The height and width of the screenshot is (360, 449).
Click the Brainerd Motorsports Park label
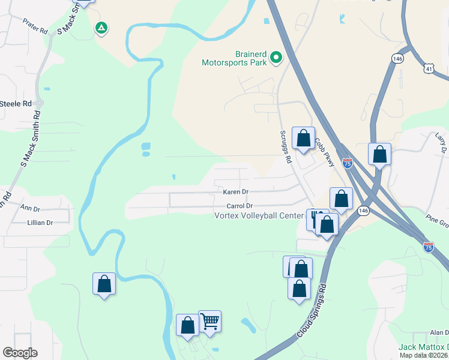coord(234,58)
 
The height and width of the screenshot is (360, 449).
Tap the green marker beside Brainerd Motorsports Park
coord(277,58)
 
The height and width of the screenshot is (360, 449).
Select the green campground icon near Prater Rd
coord(101,27)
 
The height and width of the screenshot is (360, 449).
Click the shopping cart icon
coord(210,322)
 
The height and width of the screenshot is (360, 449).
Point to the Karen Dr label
coord(235,192)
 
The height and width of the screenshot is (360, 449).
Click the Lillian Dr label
coord(40,223)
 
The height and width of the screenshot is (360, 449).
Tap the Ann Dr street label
coord(29,209)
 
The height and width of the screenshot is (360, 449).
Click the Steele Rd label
coord(16,104)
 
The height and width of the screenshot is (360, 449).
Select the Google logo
coord(20,353)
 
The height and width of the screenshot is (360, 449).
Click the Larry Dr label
coord(442,144)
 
